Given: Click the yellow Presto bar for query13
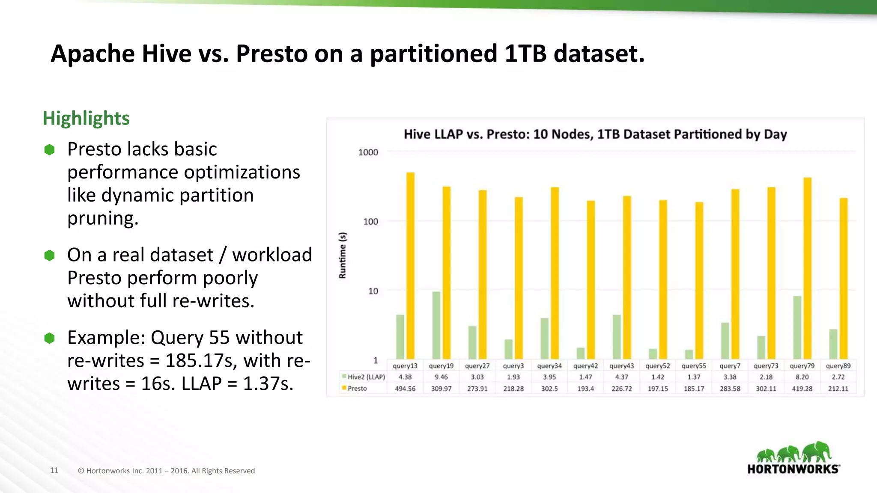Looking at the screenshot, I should click(410, 265).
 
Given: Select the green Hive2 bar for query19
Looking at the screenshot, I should click(436, 325).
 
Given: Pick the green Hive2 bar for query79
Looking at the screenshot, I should click(797, 327).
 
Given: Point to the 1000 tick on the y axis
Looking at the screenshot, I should click(368, 152).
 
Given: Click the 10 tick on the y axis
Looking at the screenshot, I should click(373, 291).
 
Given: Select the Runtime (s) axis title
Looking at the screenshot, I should click(343, 255).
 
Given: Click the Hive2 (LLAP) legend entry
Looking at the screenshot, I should click(364, 377).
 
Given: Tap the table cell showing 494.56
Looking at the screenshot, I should click(405, 389).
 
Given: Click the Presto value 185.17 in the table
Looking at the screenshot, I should click(694, 389).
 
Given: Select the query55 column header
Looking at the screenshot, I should click(694, 366).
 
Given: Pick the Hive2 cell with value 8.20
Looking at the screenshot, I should click(802, 377).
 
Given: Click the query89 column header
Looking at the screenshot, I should click(838, 366).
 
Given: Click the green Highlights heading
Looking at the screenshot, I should click(86, 118).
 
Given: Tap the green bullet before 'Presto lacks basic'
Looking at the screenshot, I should click(50, 149).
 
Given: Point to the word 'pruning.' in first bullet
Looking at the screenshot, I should click(103, 218).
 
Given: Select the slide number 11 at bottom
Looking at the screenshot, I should click(54, 470).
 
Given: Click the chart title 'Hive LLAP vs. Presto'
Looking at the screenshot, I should click(595, 134).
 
